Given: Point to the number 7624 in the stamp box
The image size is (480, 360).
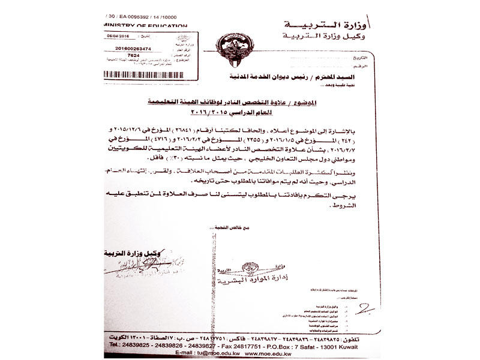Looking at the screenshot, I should (134, 55).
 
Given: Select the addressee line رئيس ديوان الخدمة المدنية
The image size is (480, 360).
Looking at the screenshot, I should (293, 77).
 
